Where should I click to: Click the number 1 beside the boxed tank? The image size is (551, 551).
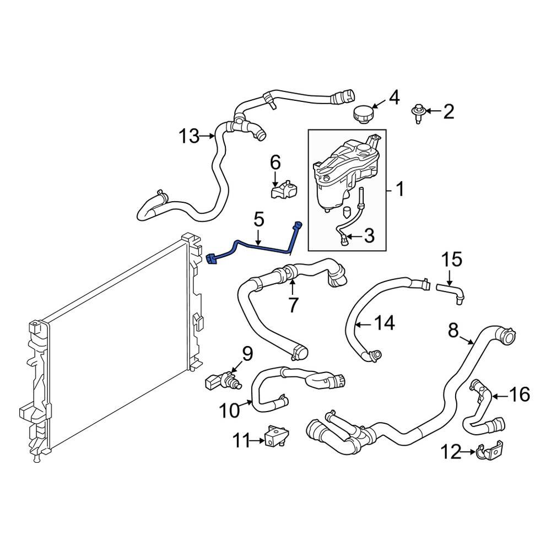tap(401, 191)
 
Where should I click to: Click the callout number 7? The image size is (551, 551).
tap(293, 304)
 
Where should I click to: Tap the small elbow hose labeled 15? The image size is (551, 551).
tap(450, 291)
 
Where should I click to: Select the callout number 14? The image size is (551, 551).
tap(384, 323)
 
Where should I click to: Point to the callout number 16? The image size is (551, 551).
tap(518, 395)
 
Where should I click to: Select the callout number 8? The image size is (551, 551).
tap(453, 331)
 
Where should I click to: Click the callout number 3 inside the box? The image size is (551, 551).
tap(368, 237)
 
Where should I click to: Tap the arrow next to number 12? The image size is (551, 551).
tap(468, 452)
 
